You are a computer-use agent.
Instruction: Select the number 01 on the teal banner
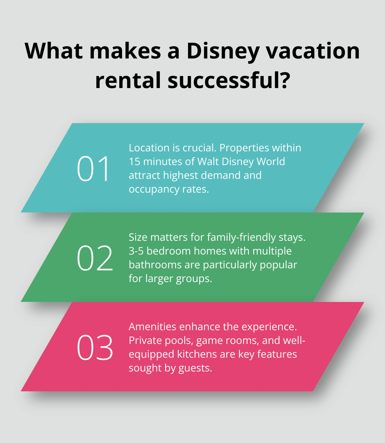pos(93,169)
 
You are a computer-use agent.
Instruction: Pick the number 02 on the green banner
pos(95,258)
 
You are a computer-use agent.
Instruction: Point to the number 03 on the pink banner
pos(95,347)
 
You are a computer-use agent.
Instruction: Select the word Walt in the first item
pos(209,162)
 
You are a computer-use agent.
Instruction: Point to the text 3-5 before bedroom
pos(136,251)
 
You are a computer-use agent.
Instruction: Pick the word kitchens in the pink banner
pos(198,354)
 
